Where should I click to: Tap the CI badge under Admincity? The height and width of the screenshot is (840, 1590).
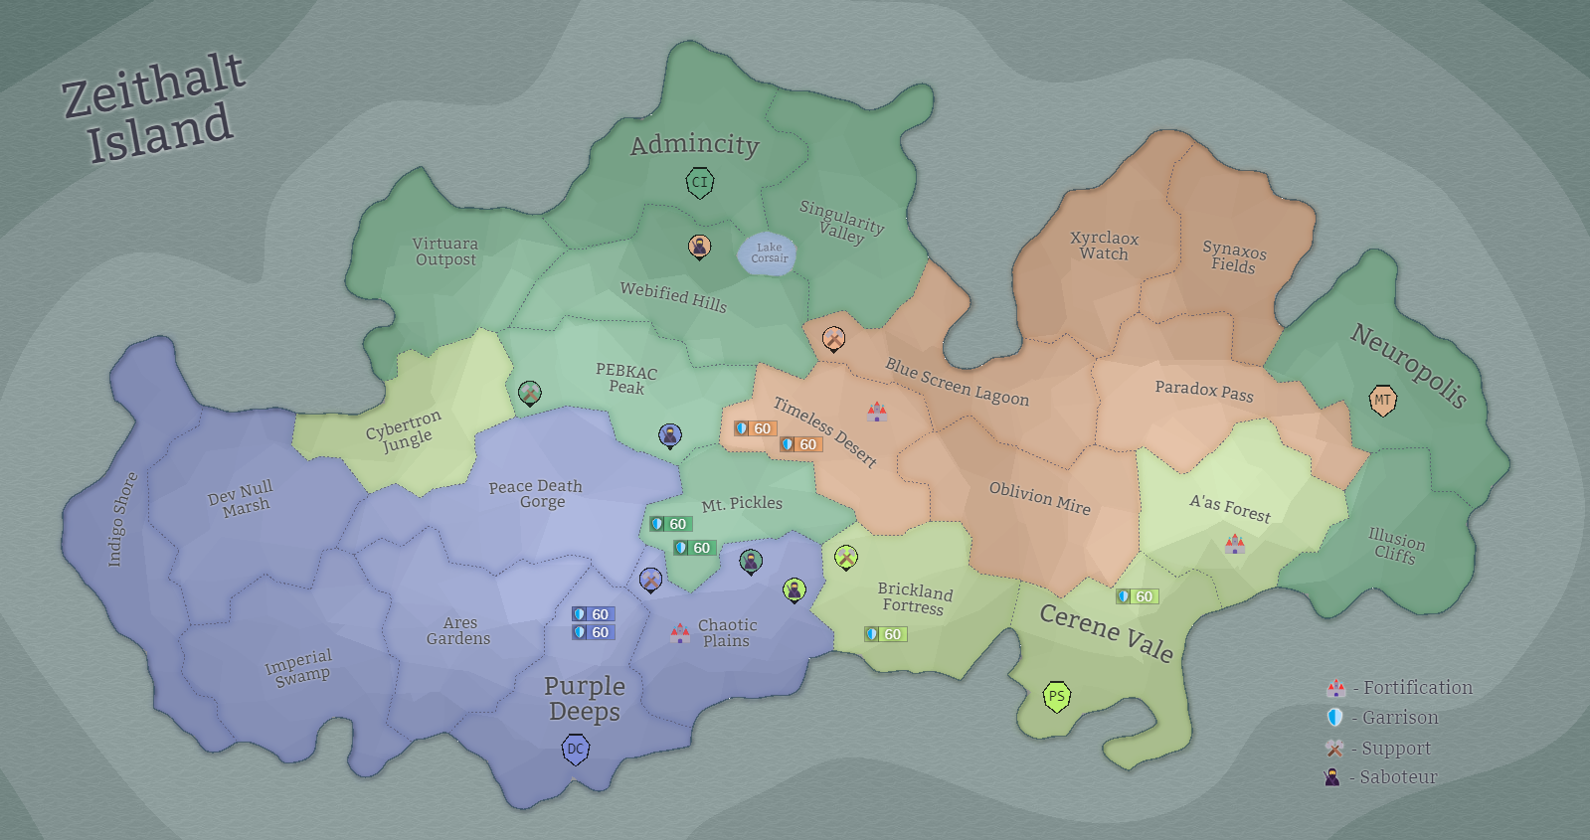coord(700,182)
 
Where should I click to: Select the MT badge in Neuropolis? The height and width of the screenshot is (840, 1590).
coord(1382,400)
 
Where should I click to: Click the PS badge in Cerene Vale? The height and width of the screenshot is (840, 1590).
coord(1056,696)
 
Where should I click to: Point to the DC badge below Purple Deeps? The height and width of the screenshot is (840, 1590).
coord(576,749)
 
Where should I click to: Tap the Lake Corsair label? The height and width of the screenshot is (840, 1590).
coord(769,253)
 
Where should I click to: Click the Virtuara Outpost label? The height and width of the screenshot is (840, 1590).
coord(445,252)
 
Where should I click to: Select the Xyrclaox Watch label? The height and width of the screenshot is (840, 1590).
coord(1104,246)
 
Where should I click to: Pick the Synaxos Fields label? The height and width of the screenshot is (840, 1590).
coord(1234,256)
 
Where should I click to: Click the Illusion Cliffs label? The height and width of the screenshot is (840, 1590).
coord(1395,546)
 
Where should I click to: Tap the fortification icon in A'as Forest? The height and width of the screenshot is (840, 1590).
coord(1235,544)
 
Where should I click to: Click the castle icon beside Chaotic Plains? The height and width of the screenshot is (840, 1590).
coord(680,632)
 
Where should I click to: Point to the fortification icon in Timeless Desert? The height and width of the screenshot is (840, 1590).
coord(876,411)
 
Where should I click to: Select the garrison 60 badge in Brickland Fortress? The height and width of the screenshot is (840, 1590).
coord(885,634)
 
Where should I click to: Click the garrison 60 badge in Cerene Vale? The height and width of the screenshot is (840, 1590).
coord(1137,596)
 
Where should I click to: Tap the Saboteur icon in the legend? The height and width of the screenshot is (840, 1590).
coord(1332,777)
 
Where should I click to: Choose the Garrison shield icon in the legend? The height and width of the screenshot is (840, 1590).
coord(1334,718)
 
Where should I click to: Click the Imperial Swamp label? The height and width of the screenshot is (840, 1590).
coord(299,667)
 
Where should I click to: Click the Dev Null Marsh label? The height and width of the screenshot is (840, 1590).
coord(242,498)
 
